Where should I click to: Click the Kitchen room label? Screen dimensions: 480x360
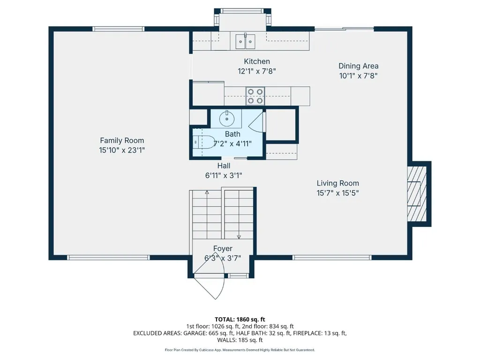(x=257, y=61)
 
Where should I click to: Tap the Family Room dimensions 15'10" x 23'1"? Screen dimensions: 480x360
(x=122, y=150)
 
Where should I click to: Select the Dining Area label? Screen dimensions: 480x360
(x=359, y=66)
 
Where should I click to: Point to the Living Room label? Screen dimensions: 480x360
(x=337, y=183)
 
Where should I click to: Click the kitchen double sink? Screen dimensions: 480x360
(x=245, y=41)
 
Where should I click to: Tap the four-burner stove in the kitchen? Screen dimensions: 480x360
(x=255, y=96)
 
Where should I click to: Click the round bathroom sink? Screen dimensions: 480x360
(x=227, y=119)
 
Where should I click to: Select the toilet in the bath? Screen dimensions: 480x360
(x=204, y=142)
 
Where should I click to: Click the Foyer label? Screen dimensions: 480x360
(x=223, y=248)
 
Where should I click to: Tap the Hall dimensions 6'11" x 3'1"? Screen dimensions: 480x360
(x=224, y=176)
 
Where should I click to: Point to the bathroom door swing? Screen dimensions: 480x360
(x=257, y=122)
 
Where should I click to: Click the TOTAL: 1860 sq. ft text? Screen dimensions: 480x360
(x=240, y=320)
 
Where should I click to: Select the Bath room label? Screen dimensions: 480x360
(x=232, y=134)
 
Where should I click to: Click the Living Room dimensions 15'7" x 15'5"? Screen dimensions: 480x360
(x=337, y=193)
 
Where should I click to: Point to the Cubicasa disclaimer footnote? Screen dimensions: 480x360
(x=240, y=350)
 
